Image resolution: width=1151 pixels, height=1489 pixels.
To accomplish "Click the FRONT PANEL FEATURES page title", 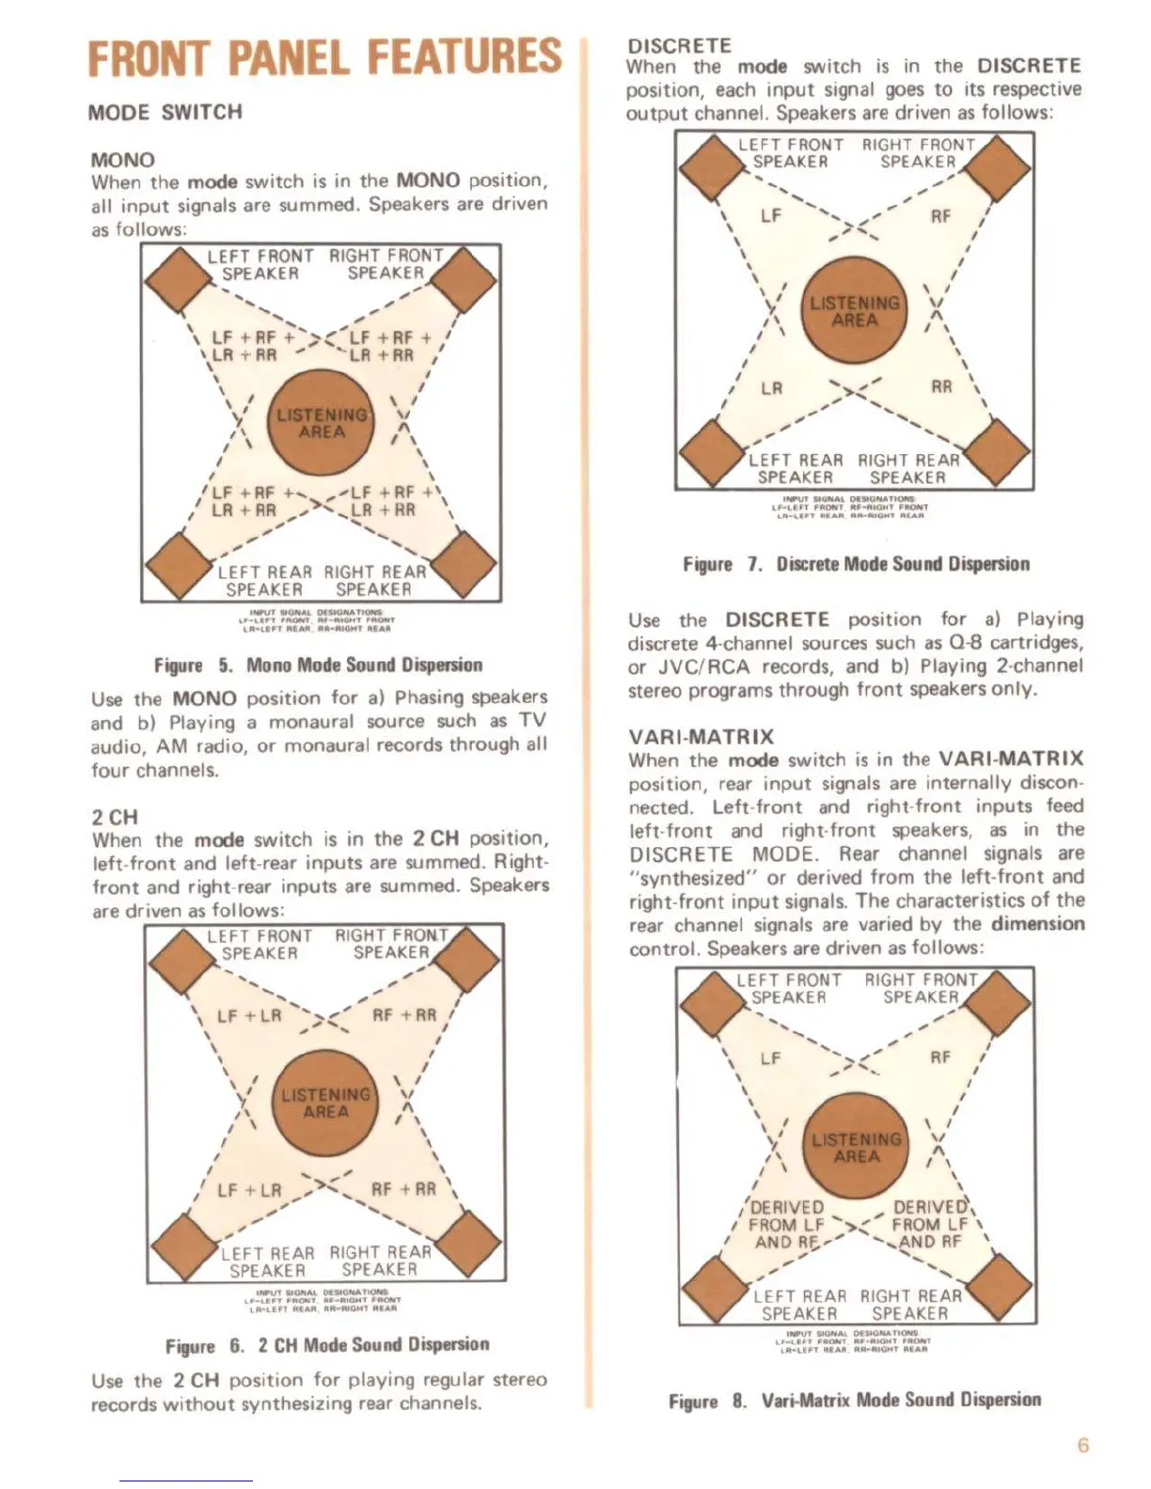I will click(x=324, y=57).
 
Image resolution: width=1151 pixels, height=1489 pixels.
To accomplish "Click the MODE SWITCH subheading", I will click(x=165, y=112).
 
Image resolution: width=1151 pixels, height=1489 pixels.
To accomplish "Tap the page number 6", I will click(x=1082, y=1445).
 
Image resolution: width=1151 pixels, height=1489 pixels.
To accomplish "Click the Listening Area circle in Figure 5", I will click(x=322, y=423).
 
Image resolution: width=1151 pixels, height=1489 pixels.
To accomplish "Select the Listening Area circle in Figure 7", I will click(x=855, y=310).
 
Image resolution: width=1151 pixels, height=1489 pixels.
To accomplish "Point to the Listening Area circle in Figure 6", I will click(x=325, y=1103).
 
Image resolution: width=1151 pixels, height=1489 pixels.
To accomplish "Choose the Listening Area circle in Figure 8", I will click(x=857, y=1148).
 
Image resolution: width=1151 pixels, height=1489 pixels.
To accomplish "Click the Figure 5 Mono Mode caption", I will click(x=318, y=665).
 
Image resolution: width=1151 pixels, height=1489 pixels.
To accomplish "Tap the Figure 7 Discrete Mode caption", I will click(x=856, y=564).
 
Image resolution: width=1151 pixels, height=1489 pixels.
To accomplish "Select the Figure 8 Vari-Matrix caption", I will click(x=855, y=1400).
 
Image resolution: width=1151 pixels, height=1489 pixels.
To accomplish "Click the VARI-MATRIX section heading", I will click(x=701, y=736).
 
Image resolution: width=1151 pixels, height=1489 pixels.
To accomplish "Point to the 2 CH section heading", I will click(x=115, y=817).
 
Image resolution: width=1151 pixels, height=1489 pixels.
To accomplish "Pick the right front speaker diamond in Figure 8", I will click(x=999, y=999).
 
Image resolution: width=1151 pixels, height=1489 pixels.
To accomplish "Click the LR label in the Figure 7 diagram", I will click(x=772, y=388).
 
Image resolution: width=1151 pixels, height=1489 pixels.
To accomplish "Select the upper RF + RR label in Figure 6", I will click(x=404, y=1015).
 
